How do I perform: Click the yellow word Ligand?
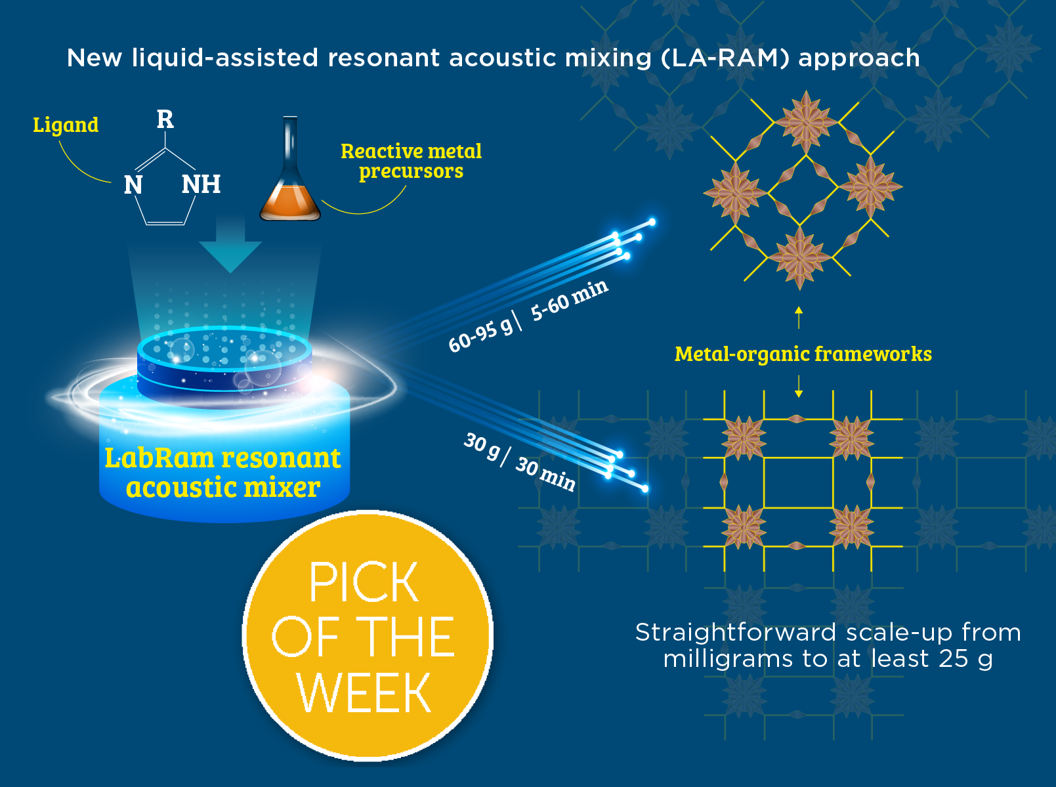66,125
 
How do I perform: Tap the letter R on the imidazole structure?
165,119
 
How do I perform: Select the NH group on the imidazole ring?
201,184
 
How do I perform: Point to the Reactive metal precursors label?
411,161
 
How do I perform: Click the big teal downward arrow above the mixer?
230,246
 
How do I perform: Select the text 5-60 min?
569,299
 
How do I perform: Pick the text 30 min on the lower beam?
545,474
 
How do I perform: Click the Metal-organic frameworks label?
803,354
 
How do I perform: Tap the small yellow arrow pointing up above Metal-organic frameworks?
799,317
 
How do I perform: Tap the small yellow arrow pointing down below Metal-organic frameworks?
799,387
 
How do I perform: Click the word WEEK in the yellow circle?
364,693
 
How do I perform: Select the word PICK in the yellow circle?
364,582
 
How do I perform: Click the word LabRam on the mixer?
159,457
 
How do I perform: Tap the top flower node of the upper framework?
806,121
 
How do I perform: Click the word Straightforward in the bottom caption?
736,632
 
